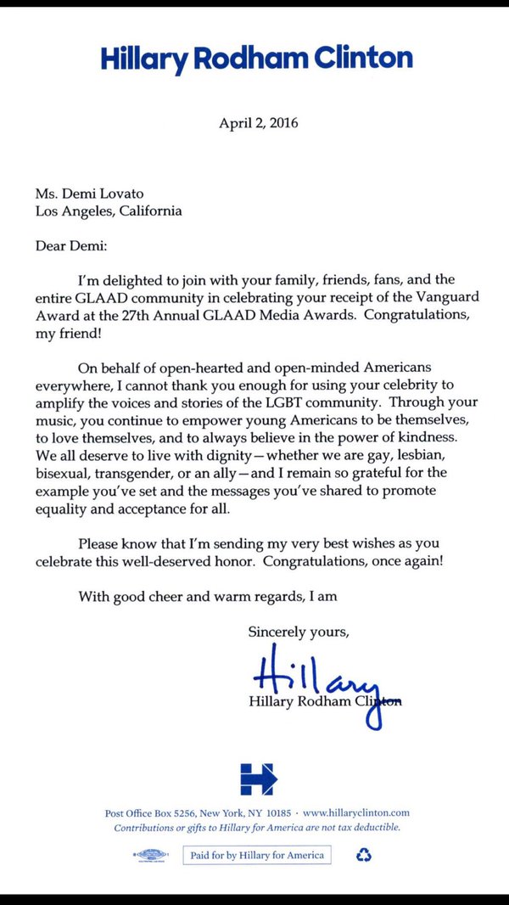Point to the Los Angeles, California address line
(109, 211)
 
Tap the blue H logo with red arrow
(257, 779)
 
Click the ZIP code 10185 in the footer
(278, 812)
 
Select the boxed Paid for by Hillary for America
(257, 855)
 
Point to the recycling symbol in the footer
(364, 855)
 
